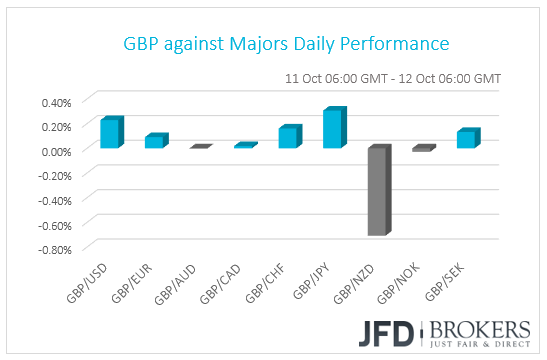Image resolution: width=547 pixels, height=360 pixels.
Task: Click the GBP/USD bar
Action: [x=110, y=134]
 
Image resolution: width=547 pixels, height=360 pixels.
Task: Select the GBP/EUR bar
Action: [x=154, y=142]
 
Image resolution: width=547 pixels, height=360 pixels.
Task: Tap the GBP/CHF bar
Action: [x=288, y=138]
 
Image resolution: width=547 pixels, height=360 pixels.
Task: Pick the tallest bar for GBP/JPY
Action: [x=333, y=129]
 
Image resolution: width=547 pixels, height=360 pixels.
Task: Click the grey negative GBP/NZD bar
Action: [x=378, y=191]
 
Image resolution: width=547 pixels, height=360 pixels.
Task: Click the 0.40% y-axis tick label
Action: [x=56, y=102]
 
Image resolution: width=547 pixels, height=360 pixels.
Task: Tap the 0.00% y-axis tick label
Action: [x=56, y=151]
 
